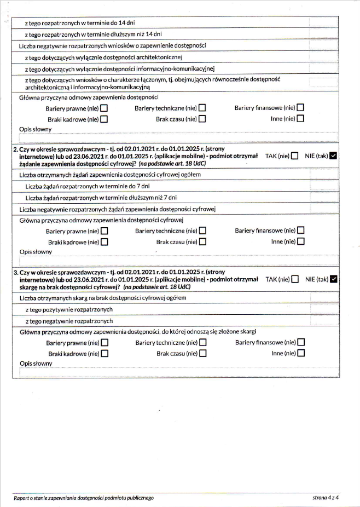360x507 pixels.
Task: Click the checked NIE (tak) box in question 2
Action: point(334,155)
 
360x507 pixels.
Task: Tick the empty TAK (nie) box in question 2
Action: point(295,155)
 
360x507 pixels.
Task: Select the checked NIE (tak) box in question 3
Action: point(334,279)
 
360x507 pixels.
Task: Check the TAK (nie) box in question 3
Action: point(295,279)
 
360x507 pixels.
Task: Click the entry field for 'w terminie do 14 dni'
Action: point(323,24)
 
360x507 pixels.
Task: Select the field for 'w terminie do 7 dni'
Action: point(323,186)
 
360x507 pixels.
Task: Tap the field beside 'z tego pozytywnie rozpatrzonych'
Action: point(323,309)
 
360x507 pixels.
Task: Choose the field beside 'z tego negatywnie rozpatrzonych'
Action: point(323,321)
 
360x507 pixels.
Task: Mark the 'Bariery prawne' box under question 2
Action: point(104,231)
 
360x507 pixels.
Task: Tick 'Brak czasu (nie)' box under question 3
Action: point(202,353)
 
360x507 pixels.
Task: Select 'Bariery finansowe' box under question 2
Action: point(300,231)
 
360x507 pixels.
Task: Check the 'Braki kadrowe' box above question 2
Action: point(104,118)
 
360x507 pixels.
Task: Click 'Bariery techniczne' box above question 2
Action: point(202,108)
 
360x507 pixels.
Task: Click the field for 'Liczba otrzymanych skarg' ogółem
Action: point(323,298)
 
